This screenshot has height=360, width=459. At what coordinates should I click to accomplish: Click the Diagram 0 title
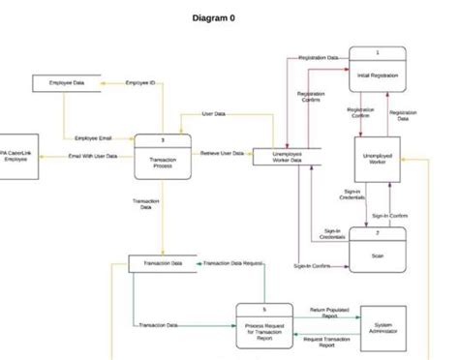[x=220, y=18]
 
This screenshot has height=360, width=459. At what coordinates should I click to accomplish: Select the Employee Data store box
[x=67, y=84]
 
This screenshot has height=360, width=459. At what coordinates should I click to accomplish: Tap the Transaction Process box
[x=163, y=159]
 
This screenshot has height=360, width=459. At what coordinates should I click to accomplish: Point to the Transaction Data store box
[x=163, y=263]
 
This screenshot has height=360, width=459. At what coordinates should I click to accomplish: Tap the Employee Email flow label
[x=93, y=138]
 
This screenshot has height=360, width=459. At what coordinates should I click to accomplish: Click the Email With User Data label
[x=93, y=156]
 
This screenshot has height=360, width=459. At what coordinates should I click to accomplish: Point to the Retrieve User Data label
[x=222, y=154]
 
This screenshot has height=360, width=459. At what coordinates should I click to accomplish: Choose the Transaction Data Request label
[x=233, y=263]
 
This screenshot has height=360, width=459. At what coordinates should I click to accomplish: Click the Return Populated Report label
[x=329, y=313]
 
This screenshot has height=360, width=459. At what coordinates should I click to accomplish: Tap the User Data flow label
[x=214, y=114]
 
